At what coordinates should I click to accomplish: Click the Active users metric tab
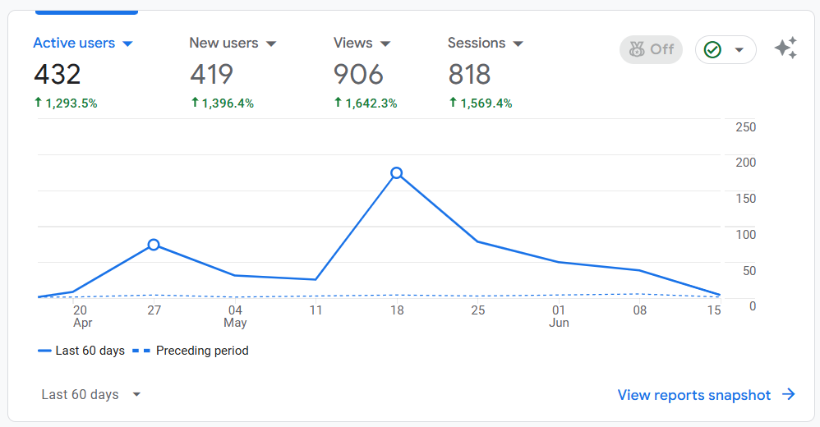tap(82, 44)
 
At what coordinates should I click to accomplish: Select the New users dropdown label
tap(232, 44)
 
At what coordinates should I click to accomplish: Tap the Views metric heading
tap(362, 44)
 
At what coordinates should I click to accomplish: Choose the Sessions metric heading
tap(485, 44)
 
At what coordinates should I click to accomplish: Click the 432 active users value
tap(58, 75)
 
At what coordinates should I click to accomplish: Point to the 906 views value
tap(358, 75)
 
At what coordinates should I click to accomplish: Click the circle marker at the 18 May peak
tap(397, 172)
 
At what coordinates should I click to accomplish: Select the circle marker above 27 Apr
tap(154, 245)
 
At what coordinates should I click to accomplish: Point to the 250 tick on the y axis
tap(745, 127)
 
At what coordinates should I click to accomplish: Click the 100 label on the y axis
tap(745, 235)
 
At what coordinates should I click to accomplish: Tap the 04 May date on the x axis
tap(235, 315)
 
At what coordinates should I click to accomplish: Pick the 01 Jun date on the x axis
tap(559, 315)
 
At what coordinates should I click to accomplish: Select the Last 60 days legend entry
tap(81, 351)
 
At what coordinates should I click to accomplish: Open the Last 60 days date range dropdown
tap(91, 395)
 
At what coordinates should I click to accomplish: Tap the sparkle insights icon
tap(785, 48)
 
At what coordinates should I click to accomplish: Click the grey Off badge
tap(651, 49)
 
